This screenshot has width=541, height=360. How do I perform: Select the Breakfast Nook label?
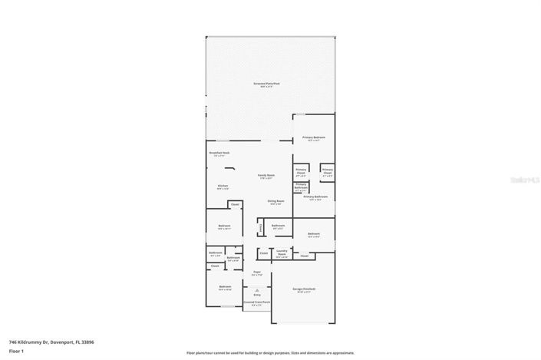point(219,153)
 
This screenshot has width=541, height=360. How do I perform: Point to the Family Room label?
point(266,177)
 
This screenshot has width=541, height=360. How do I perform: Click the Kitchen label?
point(223,187)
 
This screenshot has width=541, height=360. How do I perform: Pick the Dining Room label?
point(275,202)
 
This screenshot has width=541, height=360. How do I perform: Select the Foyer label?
point(257,272)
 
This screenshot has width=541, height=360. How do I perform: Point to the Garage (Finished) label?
point(304,289)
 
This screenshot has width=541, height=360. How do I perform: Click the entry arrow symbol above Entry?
point(257,289)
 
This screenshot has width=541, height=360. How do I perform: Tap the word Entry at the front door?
point(257,295)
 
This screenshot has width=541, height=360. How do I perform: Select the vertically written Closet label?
point(261,227)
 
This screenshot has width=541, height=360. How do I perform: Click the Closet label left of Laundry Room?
point(263,253)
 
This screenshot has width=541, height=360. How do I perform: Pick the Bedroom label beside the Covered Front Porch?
point(225,288)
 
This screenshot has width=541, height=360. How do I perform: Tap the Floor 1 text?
point(17,352)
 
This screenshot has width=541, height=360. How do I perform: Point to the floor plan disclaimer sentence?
point(270,353)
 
